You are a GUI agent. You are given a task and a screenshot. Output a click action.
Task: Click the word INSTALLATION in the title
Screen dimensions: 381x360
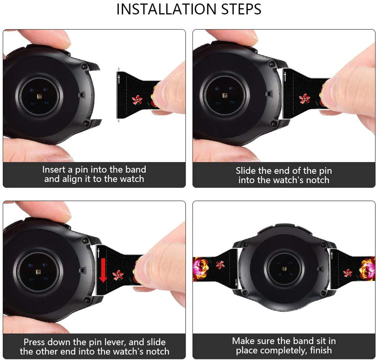tap(166, 9)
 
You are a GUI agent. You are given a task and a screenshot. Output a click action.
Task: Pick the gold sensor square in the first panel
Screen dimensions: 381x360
tap(39, 97)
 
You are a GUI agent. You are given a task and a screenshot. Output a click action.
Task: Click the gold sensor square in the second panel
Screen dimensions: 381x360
tap(225, 95)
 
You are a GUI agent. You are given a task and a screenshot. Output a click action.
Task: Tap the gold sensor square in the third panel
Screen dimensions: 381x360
tap(38, 272)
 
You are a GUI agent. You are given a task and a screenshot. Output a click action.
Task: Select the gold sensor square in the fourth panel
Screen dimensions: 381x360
tap(284, 269)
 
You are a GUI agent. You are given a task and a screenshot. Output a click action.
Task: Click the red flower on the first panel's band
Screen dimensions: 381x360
tap(137, 99)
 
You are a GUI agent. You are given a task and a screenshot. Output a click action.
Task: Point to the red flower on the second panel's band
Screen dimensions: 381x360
tap(305, 99)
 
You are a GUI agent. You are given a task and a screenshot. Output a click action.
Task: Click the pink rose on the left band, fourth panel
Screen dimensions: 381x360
tap(200, 269)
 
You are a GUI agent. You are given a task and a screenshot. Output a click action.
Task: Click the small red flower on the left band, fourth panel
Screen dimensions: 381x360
tap(220, 265)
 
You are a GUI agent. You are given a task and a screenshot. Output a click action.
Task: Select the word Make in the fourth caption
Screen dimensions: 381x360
tap(243, 341)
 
